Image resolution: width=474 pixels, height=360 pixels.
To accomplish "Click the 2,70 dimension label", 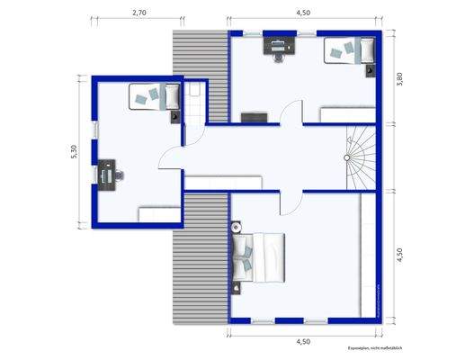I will coord(139,13).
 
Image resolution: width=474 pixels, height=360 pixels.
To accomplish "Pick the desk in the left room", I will coord(109,173).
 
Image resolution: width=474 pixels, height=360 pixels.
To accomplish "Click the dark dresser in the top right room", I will coord(254,116).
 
